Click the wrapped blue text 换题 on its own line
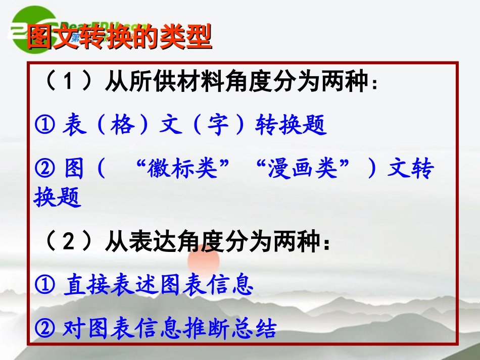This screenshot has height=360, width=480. [58, 197]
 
